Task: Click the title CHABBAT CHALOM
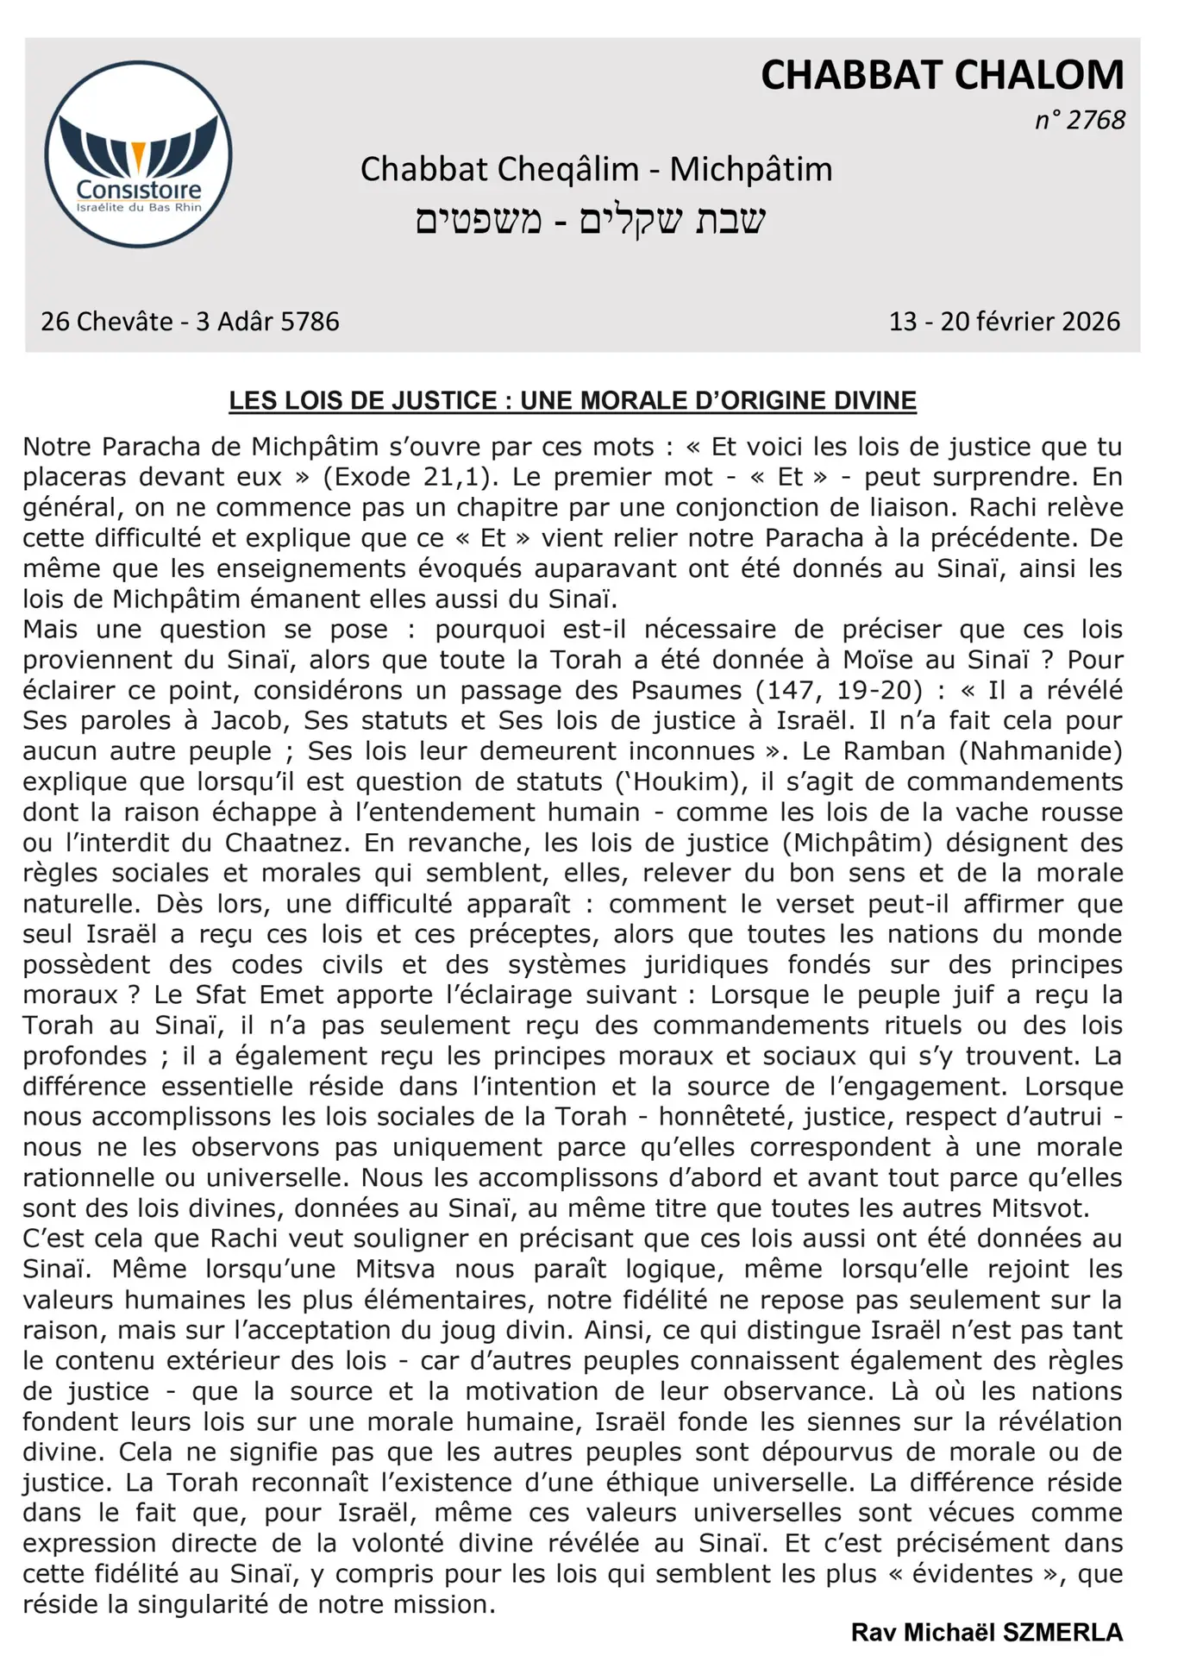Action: click(x=942, y=76)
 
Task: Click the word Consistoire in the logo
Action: click(x=139, y=190)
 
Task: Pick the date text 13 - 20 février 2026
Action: click(x=1005, y=322)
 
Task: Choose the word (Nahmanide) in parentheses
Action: click(x=1041, y=751)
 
